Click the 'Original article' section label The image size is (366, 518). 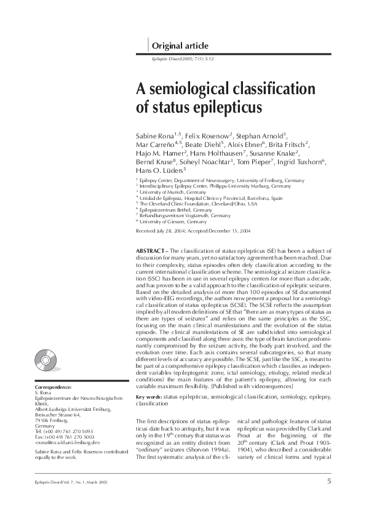tap(180, 46)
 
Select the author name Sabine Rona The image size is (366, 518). tap(154, 134)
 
